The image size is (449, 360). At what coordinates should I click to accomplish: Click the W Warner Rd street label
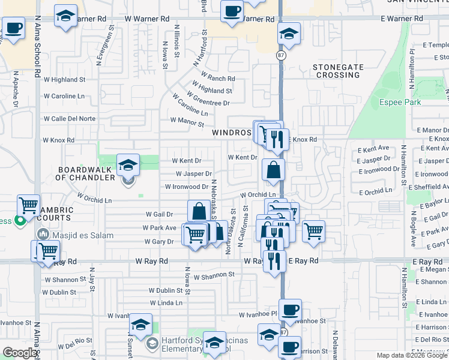(148, 19)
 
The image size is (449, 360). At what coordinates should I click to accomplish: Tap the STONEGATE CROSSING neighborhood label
(337, 71)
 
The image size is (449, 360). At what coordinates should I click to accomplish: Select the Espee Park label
(400, 102)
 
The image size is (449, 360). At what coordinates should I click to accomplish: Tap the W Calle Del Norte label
(69, 119)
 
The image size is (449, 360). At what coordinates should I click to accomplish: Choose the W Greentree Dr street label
(208, 100)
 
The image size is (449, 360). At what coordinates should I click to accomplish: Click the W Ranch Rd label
(218, 79)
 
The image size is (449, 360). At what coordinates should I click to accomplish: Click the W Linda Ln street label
(165, 303)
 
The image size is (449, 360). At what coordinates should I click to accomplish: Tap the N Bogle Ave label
(414, 229)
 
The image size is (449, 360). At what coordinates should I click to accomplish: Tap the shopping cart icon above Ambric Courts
(28, 205)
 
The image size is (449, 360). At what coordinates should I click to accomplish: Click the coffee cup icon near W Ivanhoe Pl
(290, 310)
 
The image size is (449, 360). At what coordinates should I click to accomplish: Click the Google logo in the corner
(20, 353)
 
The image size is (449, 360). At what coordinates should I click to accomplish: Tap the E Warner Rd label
(402, 19)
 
